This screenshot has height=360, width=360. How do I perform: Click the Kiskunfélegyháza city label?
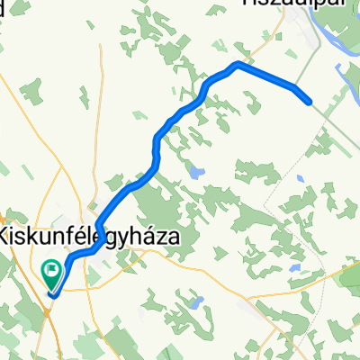pos(88,237)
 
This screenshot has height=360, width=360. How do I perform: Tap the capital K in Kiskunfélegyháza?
pos(7,237)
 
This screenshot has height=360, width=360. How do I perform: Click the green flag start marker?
pos(51,269)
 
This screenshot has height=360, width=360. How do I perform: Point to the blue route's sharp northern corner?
pos(237,64)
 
